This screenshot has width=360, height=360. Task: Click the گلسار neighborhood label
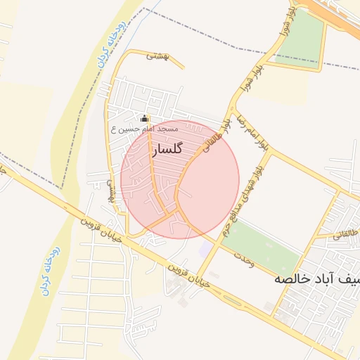[167, 150]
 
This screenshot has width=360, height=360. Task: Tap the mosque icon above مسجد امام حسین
[145, 119]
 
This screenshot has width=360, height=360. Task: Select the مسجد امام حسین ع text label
[144, 129]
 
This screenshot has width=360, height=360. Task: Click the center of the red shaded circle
[180, 180]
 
